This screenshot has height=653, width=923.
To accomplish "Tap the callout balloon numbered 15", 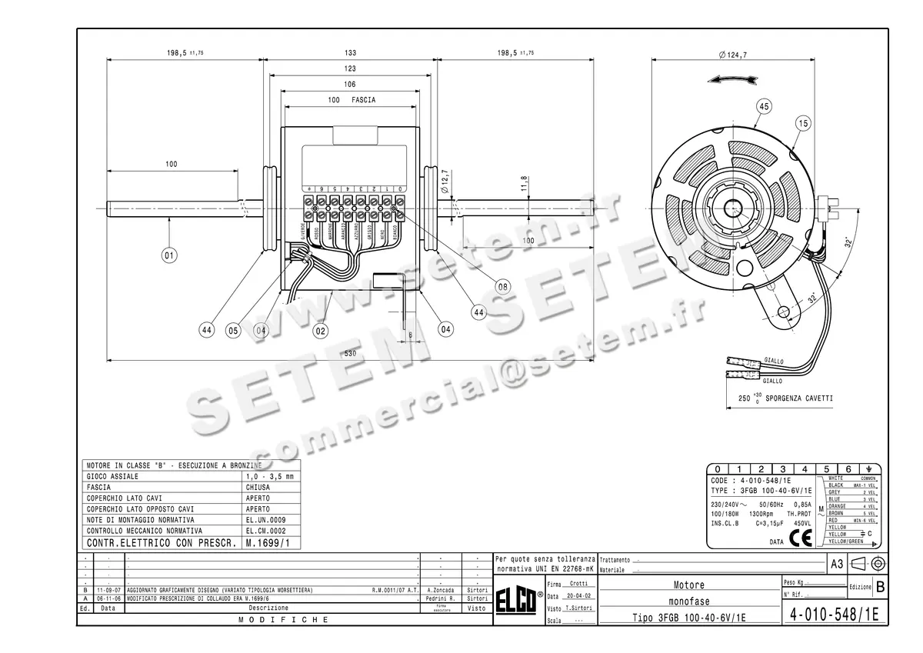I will click(x=803, y=123).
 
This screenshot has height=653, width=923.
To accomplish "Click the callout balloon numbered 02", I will click(x=321, y=331).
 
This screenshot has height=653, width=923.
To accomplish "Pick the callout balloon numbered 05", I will click(x=232, y=331).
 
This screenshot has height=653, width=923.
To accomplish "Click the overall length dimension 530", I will click(x=351, y=353).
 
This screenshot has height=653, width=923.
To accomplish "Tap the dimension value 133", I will click(x=351, y=53).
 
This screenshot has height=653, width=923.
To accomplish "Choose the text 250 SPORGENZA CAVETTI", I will click(x=785, y=399).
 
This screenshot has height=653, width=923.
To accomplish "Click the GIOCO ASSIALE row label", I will click(x=112, y=477).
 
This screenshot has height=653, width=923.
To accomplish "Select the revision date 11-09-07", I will click(x=108, y=590).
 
